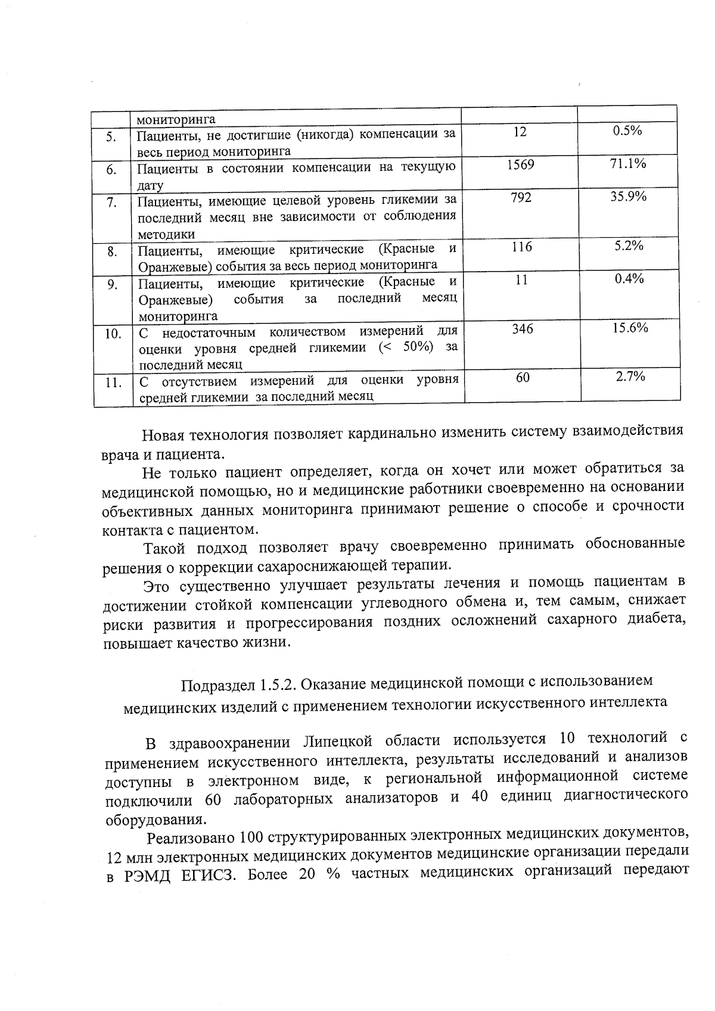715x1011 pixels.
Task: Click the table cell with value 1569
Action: click(520, 164)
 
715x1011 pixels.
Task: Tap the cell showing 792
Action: click(521, 197)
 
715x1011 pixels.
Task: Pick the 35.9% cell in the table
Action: click(628, 197)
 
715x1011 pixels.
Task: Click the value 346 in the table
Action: click(523, 329)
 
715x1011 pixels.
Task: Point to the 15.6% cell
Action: click(630, 328)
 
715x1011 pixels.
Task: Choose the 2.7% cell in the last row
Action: click(630, 376)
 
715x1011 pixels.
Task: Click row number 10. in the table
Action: click(113, 334)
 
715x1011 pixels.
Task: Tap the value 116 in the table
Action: click(521, 247)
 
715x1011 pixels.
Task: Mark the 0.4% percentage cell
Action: click(629, 279)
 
